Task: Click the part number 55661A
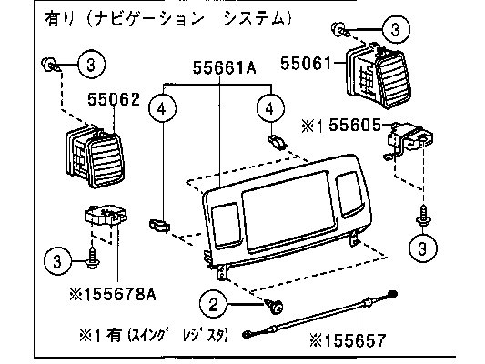pos(224,67)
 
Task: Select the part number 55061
pos(306,64)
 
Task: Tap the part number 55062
pos(114,99)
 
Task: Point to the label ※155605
pos(341,126)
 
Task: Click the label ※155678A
pos(113,295)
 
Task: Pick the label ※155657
pos(348,340)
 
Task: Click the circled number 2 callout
pos(214,305)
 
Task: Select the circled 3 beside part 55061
pos(396,30)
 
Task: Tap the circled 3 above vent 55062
pos(91,65)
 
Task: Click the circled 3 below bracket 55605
pos(422,248)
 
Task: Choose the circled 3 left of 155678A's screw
pos(58,262)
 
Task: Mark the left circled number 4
pos(163,108)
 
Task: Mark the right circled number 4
pos(270,108)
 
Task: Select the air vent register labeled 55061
pos(378,76)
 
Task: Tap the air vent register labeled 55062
pos(95,157)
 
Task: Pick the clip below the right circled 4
pos(277,142)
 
